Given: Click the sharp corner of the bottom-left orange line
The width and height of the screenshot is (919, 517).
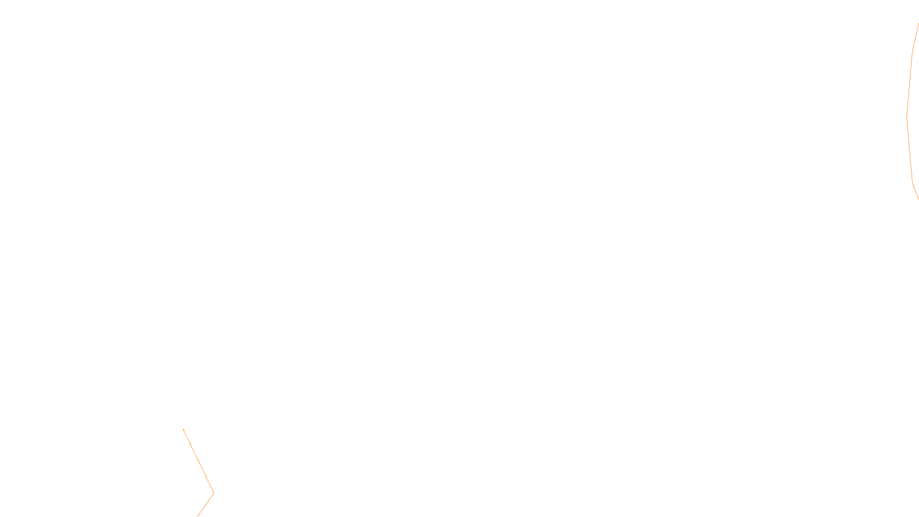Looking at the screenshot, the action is pos(214,492).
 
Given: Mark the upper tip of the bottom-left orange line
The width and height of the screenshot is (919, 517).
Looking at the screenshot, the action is pos(183,429).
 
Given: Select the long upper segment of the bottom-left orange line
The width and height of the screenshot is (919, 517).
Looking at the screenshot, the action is pos(198,460).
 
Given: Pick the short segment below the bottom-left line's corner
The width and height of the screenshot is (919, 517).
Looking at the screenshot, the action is pos(206,504).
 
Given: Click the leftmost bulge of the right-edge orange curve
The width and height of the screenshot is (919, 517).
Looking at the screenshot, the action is pos(907,118).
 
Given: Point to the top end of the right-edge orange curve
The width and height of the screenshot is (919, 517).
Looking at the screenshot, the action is pos(918,24).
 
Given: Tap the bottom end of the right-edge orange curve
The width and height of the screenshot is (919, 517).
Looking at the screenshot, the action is pos(918,199).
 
